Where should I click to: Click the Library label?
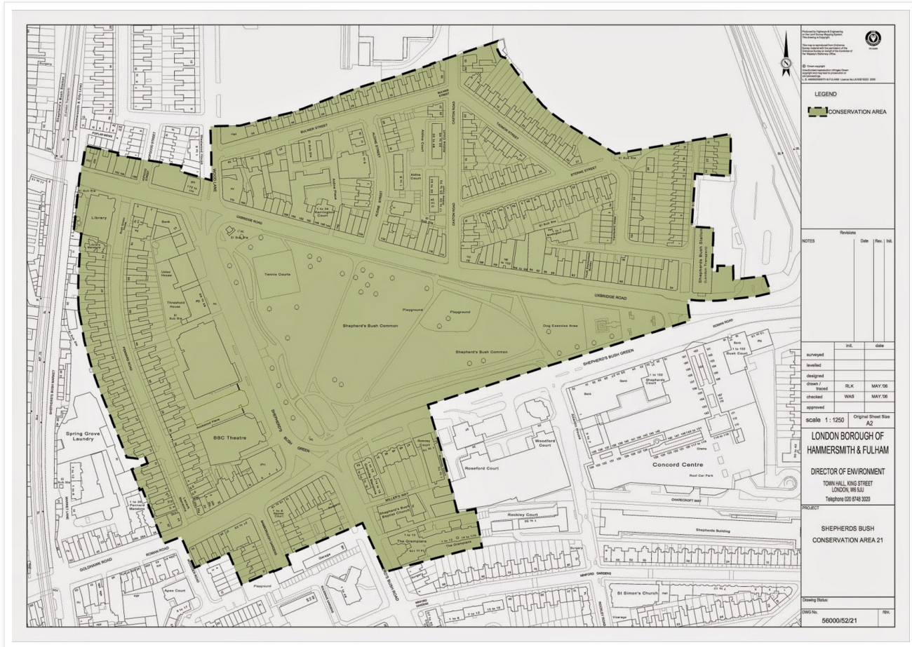tap(98, 218)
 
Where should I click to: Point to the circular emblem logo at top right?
tap(874, 39)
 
